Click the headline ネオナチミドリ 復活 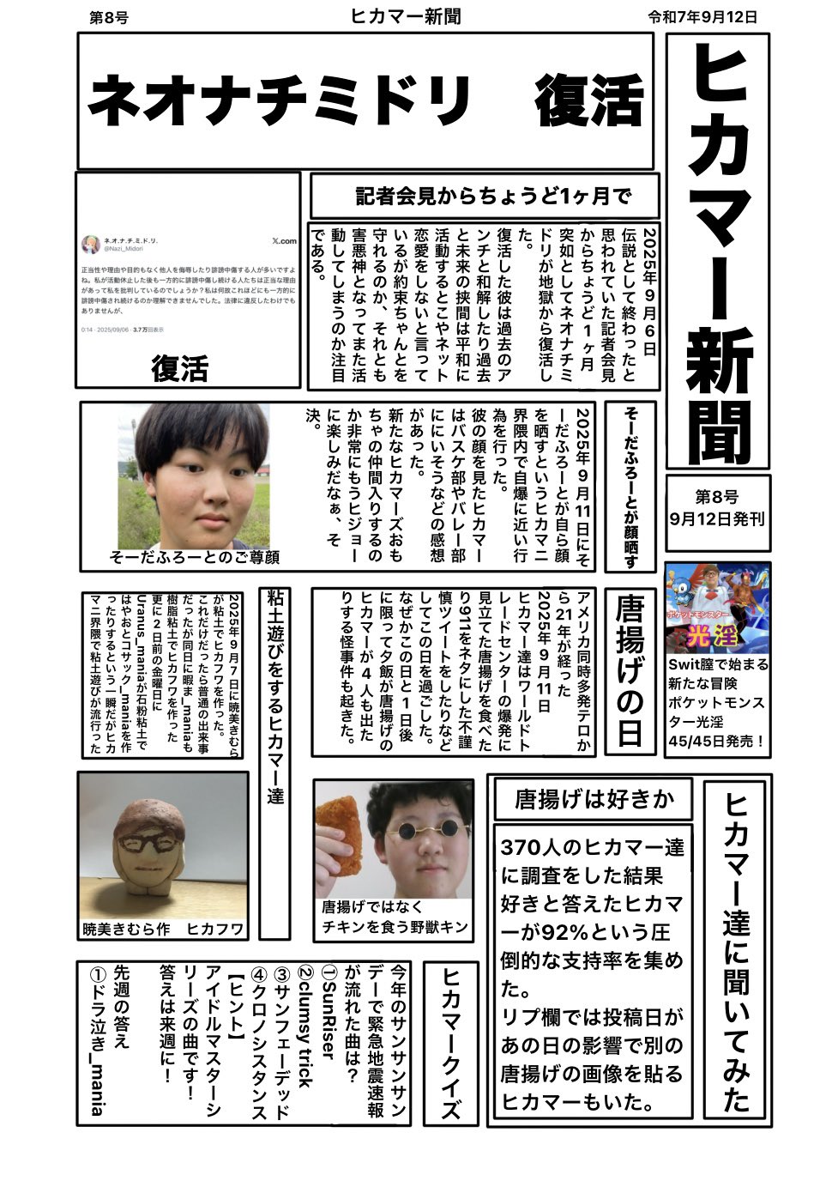point(365,102)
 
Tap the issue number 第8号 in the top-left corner point(109,17)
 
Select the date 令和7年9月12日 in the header point(703,16)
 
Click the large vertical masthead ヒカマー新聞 point(721,249)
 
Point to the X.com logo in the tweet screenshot point(283,241)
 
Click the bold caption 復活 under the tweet point(180,368)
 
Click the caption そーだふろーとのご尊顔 point(195,557)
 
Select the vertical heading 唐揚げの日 point(630,670)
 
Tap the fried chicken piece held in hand point(343,824)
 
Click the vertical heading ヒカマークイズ point(451,1044)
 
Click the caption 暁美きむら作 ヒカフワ point(163,929)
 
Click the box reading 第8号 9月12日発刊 point(717,508)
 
